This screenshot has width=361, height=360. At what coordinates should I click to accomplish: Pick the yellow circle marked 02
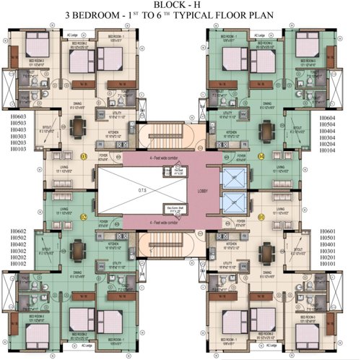pos(84,216)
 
